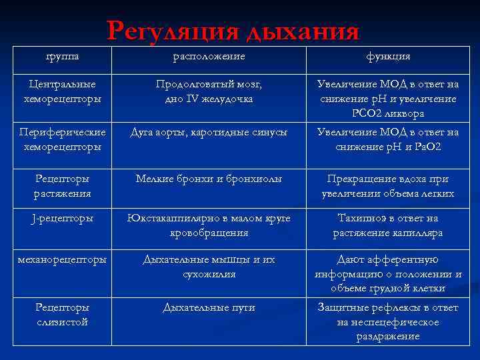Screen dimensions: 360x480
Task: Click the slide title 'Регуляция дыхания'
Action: point(233,31)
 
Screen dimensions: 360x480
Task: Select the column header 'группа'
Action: point(62,56)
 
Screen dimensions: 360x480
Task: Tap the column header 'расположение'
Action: point(209,56)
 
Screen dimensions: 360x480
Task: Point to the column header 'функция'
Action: point(387,56)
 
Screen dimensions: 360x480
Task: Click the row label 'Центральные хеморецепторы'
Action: point(63,91)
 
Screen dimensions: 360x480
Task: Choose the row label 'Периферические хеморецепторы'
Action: point(62,139)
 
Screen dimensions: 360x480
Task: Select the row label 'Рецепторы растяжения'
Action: point(63,186)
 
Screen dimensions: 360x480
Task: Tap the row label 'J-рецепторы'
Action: point(63,218)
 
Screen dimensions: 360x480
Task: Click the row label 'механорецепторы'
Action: point(63,260)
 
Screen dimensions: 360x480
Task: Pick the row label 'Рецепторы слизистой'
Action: point(63,315)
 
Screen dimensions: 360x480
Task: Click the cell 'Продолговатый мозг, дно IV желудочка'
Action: point(209,91)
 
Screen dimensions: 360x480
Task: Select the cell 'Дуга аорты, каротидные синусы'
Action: point(209,132)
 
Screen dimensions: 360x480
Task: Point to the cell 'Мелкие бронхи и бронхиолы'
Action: point(209,179)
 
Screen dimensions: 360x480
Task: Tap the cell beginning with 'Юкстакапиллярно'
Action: point(209,225)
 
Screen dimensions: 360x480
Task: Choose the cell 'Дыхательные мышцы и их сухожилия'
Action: point(209,267)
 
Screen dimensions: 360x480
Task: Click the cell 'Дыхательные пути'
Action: point(209,307)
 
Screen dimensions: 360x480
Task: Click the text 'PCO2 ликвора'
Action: point(387,114)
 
